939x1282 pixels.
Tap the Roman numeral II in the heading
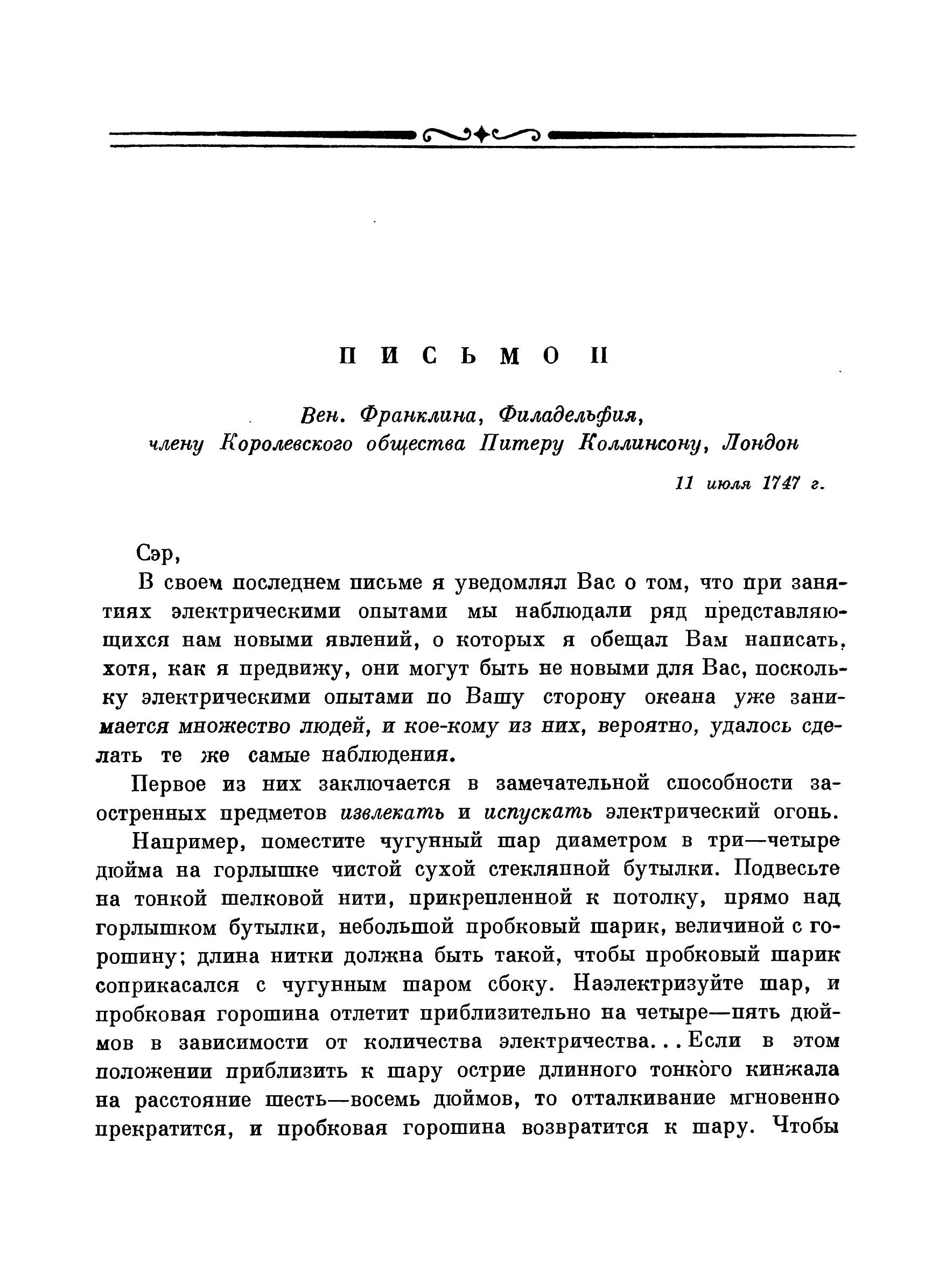tap(599, 356)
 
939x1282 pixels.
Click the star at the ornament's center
tap(482, 135)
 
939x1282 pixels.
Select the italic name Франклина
tap(421, 417)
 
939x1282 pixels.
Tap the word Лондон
tap(759, 443)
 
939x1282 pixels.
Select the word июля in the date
tap(729, 484)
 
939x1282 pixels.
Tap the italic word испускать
tap(538, 813)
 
